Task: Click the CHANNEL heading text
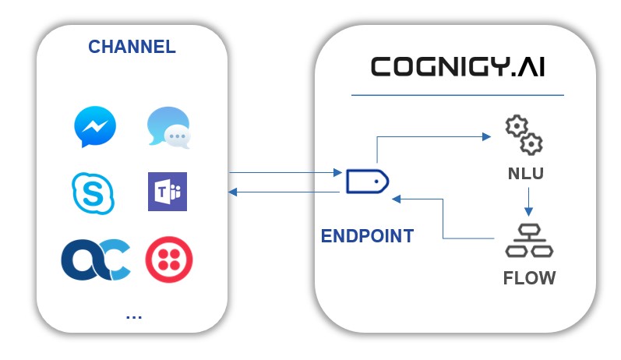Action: [x=132, y=46]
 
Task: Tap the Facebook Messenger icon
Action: [x=95, y=127]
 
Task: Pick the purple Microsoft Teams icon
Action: [x=168, y=192]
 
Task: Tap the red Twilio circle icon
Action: [x=169, y=260]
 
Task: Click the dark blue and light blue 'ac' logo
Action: [x=95, y=260]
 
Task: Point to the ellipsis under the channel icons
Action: [x=133, y=316]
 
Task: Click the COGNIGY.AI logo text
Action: [x=457, y=67]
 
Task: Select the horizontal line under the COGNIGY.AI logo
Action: [x=457, y=95]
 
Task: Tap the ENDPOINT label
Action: [x=367, y=236]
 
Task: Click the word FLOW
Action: [x=528, y=277]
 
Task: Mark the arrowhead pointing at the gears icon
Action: [x=489, y=136]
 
